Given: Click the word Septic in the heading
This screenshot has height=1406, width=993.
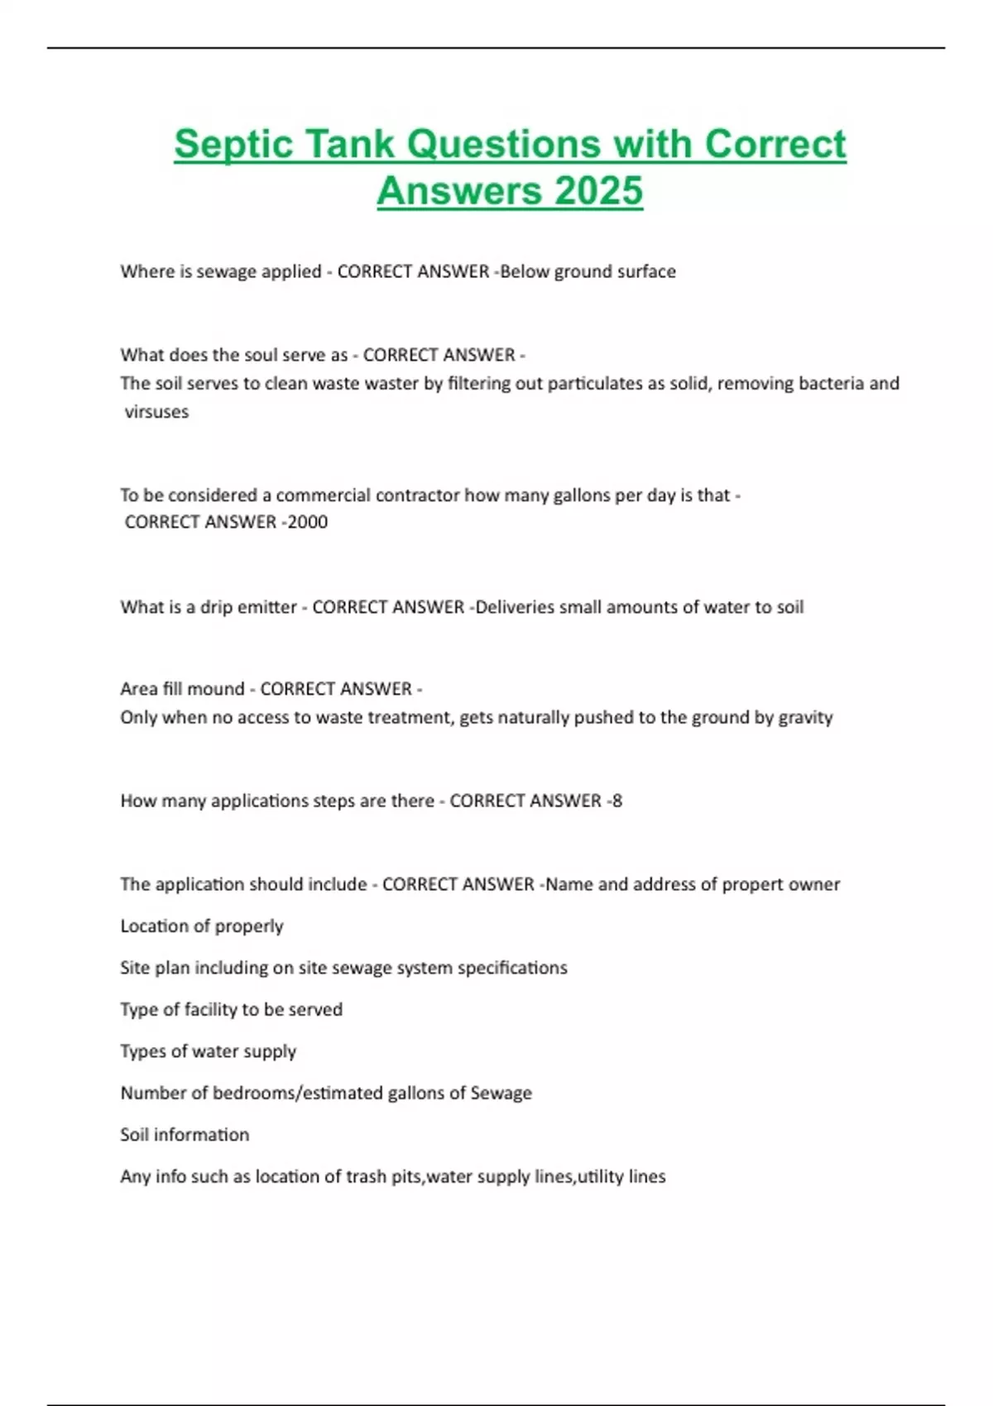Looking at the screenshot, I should click(234, 144).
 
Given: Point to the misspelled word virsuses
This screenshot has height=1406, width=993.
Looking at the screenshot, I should click(156, 412).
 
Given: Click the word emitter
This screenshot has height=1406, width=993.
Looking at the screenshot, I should click(266, 607).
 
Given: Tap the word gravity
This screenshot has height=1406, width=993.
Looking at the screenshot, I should click(805, 717).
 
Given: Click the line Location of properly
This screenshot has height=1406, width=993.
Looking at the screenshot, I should click(202, 926).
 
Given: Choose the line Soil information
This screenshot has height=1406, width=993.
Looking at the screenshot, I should click(185, 1135).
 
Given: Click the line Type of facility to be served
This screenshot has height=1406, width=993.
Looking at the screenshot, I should click(231, 1010).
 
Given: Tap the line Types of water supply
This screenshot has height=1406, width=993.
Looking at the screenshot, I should click(208, 1051).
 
